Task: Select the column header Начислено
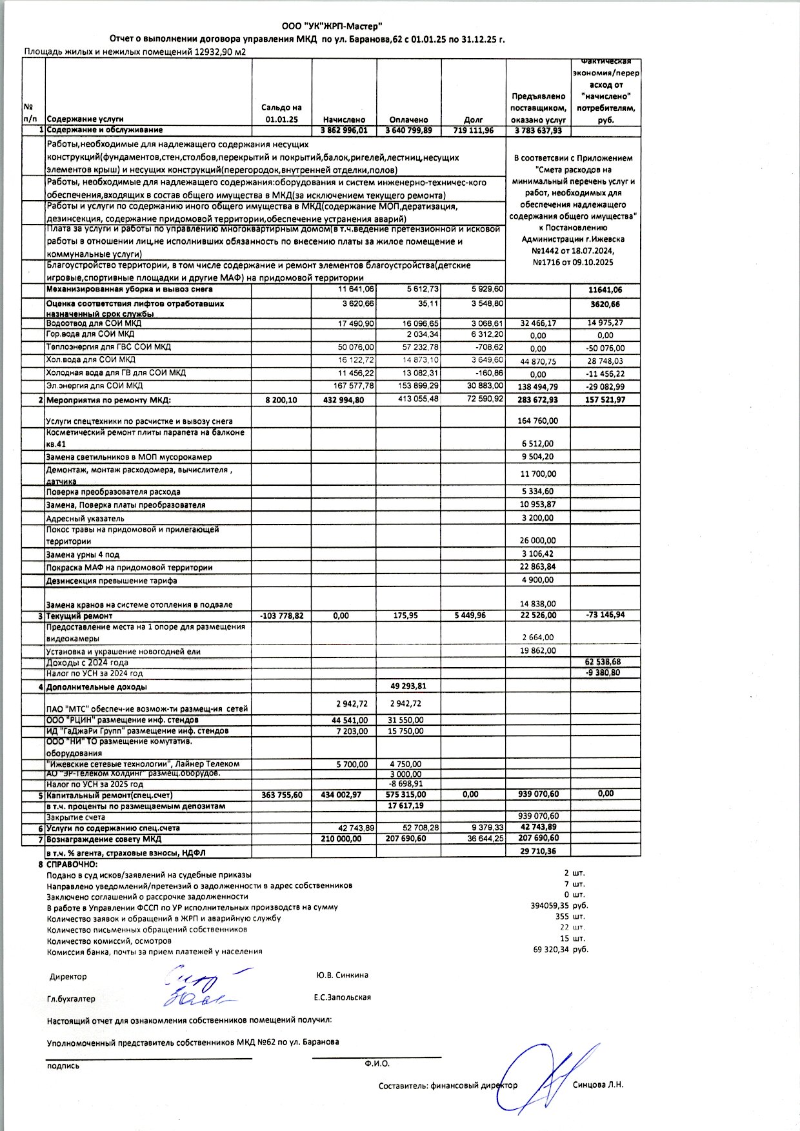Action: pyautogui.click(x=344, y=119)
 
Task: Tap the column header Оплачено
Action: pyautogui.click(x=408, y=119)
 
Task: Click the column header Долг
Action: pyautogui.click(x=473, y=119)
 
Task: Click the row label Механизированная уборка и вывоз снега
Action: pyautogui.click(x=129, y=290)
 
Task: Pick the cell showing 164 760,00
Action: pyautogui.click(x=537, y=421)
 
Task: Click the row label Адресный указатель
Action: pyautogui.click(x=85, y=519)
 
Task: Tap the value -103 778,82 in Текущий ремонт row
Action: pyautogui.click(x=281, y=616)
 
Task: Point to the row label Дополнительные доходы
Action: pyautogui.click(x=96, y=687)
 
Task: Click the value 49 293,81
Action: pyautogui.click(x=408, y=686)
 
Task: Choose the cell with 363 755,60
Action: pyautogui.click(x=281, y=795)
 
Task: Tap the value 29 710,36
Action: pyautogui.click(x=537, y=852)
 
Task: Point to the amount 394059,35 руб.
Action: pyautogui.click(x=559, y=906)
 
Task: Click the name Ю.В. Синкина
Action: pyautogui.click(x=339, y=976)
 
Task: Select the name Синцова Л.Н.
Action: pyautogui.click(x=598, y=1085)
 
